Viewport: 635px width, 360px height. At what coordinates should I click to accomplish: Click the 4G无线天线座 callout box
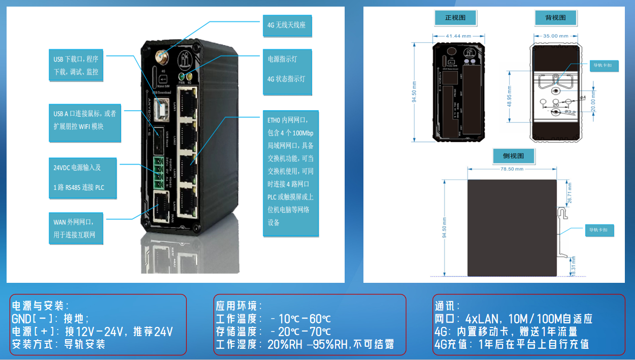point(286,24)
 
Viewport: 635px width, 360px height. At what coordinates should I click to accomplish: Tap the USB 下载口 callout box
point(76,65)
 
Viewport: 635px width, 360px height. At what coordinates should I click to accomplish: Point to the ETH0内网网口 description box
point(291,173)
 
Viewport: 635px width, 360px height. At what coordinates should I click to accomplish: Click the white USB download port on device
point(163,109)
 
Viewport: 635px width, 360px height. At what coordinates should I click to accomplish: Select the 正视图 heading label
point(455,18)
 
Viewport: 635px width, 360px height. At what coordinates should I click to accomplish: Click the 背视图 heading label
point(556,18)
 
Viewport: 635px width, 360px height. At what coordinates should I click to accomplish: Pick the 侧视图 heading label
point(513,156)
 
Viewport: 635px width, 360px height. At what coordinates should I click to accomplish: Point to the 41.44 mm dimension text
point(459,36)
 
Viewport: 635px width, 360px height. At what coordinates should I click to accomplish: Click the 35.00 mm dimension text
point(555,36)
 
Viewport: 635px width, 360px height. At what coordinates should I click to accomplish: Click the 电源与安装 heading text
point(40,306)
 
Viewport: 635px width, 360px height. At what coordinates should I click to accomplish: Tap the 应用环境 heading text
point(239,306)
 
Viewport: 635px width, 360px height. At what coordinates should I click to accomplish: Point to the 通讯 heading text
point(447,306)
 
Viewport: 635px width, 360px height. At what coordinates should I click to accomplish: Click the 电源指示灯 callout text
point(282,59)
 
